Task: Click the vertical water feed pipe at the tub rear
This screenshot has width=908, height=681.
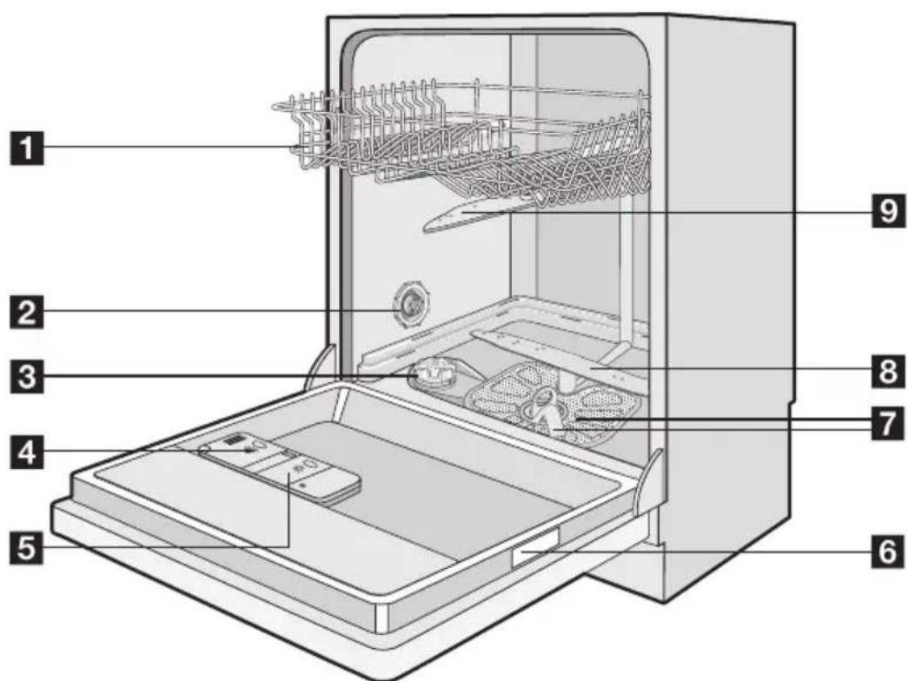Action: tap(624, 278)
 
